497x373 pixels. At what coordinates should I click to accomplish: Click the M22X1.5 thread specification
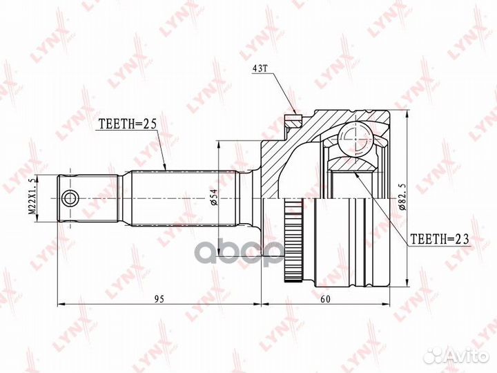pos(32,199)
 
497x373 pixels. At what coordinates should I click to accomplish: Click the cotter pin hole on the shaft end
pos(69,199)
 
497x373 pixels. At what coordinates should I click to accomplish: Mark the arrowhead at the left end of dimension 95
pos(59,303)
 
